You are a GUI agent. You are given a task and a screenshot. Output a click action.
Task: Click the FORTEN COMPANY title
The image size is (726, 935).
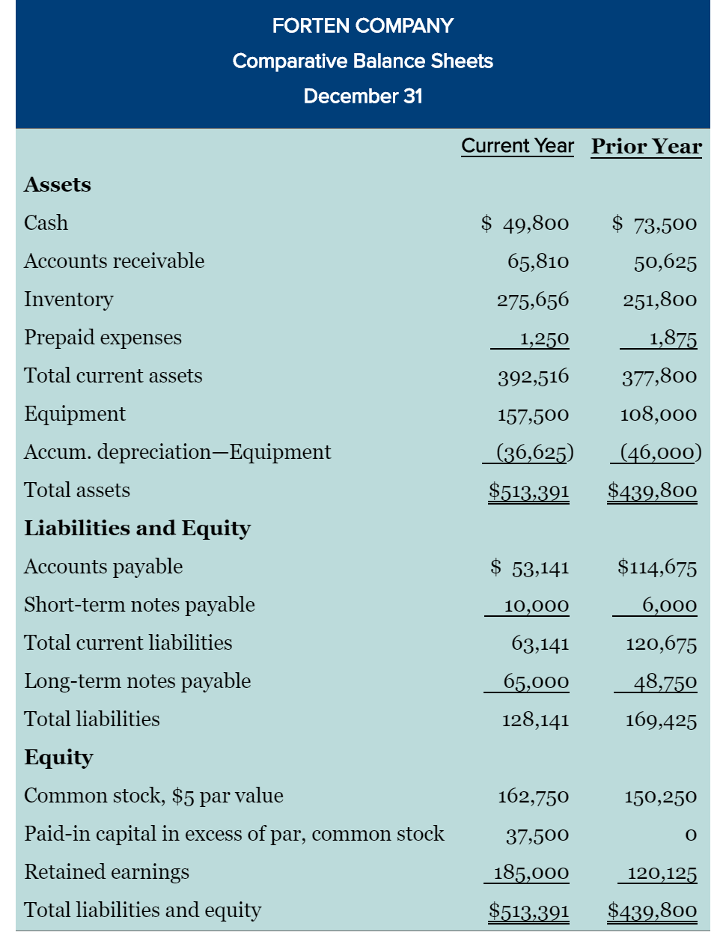(362, 26)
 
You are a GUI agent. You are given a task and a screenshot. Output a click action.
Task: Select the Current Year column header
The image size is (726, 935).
(517, 145)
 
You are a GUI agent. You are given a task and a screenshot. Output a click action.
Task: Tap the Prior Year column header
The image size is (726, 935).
(647, 146)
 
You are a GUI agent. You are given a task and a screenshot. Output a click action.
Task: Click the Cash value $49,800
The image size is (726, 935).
(525, 223)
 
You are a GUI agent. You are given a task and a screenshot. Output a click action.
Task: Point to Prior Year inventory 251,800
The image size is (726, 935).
(659, 300)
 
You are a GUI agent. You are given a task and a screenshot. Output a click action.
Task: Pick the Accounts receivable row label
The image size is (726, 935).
(114, 261)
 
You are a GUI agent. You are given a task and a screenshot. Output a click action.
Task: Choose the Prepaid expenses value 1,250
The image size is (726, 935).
(544, 338)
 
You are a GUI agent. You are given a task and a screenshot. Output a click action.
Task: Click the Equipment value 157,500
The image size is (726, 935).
(533, 415)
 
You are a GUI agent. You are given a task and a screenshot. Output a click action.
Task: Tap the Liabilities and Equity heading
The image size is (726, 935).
(137, 529)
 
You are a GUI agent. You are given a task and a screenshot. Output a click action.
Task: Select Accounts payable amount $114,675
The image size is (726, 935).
(657, 567)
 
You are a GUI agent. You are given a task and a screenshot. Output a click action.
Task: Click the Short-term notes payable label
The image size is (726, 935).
(139, 605)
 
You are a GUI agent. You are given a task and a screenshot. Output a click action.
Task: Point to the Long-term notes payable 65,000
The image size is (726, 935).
(536, 682)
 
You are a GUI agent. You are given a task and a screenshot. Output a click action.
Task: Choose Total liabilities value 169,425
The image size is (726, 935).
(661, 720)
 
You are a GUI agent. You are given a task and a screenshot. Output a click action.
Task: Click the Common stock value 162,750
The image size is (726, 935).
(533, 797)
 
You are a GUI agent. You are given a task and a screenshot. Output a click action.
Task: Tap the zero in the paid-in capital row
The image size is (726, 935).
(690, 835)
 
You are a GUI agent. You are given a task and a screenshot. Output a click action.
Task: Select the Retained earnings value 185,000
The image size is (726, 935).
(531, 873)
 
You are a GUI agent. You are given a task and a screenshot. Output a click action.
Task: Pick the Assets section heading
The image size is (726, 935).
(57, 184)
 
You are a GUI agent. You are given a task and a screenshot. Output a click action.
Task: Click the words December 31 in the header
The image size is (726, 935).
(363, 97)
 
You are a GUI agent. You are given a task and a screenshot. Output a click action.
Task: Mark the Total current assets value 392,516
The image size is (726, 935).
(533, 377)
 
